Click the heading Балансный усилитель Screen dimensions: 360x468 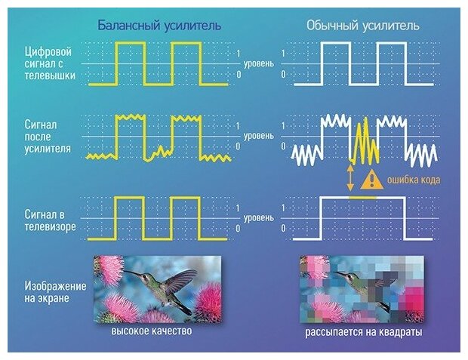click(159, 26)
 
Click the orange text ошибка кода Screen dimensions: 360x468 click(413, 180)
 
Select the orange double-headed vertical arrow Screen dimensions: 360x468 click(350, 178)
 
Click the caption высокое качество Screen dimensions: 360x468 click(152, 331)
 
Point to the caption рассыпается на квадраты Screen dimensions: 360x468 click(364, 332)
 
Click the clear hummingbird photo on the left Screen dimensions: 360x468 click(157, 289)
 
